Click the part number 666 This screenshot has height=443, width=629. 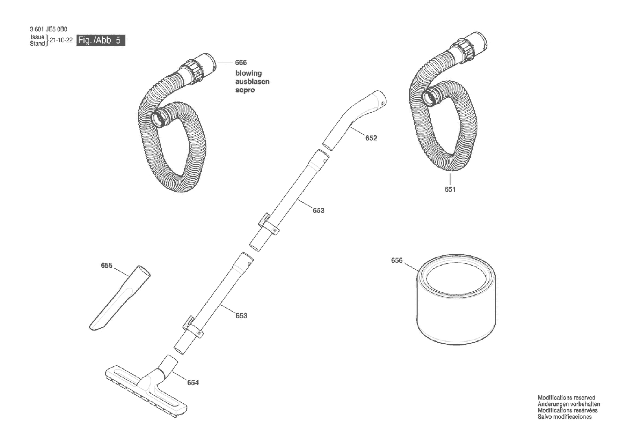pyautogui.click(x=241, y=63)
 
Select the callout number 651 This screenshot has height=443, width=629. pyautogui.click(x=450, y=189)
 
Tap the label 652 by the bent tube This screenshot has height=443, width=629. pyautogui.click(x=371, y=138)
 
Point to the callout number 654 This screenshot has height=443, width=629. pyautogui.click(x=193, y=383)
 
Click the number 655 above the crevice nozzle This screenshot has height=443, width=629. pyautogui.click(x=107, y=265)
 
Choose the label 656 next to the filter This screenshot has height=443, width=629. pyautogui.click(x=397, y=260)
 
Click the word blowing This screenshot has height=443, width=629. pyautogui.click(x=249, y=73)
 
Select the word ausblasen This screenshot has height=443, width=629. pyautogui.click(x=252, y=82)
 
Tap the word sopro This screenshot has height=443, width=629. pyautogui.click(x=245, y=90)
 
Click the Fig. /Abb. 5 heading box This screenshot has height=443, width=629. pyautogui.click(x=101, y=40)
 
